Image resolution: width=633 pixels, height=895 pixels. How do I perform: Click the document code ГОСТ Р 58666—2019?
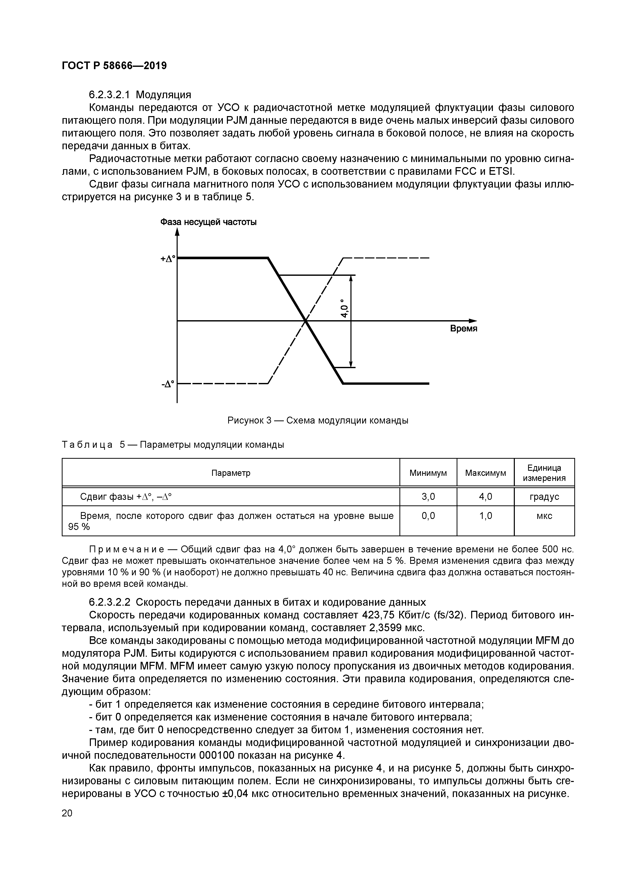click(114, 66)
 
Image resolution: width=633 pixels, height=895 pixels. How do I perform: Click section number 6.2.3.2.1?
click(110, 95)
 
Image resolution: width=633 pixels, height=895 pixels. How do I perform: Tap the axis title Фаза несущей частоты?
click(209, 222)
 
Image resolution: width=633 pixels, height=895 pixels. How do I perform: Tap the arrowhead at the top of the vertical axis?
click(177, 232)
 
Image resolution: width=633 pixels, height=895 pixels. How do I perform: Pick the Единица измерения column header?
click(544, 473)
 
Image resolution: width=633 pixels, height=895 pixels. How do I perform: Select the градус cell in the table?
click(544, 497)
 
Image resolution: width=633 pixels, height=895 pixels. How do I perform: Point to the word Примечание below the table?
click(128, 550)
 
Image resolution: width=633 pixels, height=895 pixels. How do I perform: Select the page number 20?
click(67, 813)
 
